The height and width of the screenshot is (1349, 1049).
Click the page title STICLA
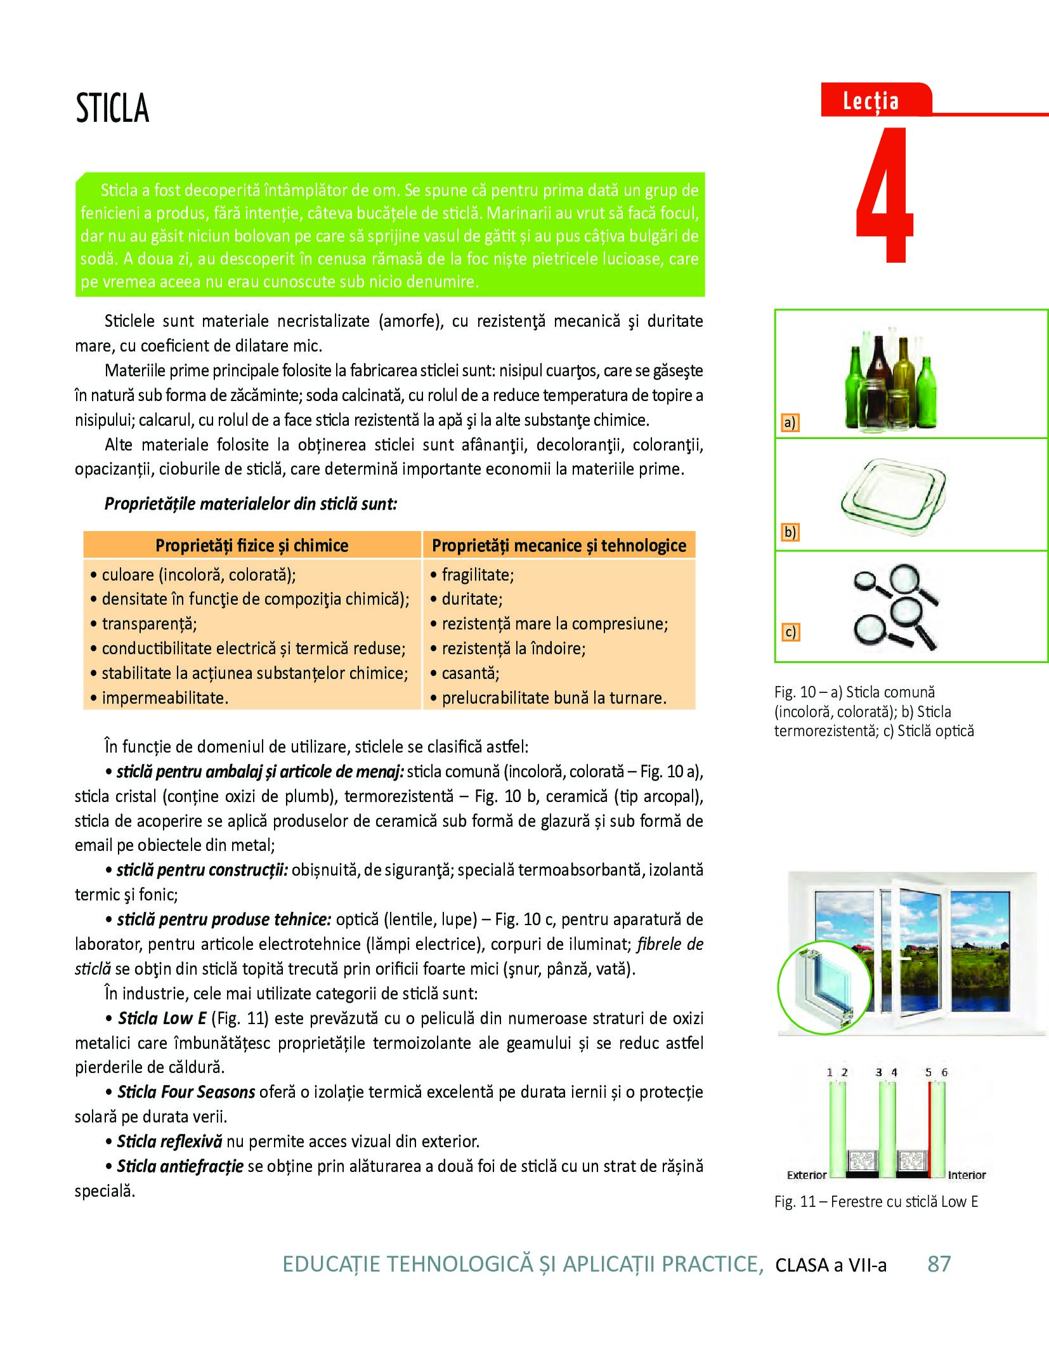click(x=112, y=108)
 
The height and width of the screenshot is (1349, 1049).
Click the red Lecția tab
click(x=871, y=102)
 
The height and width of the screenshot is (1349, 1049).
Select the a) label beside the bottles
click(x=790, y=423)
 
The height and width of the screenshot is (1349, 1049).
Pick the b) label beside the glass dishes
click(x=790, y=532)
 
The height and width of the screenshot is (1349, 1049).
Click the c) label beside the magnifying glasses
click(x=790, y=632)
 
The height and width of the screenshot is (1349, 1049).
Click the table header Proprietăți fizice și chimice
click(x=252, y=546)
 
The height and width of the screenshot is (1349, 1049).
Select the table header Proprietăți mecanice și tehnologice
click(x=559, y=546)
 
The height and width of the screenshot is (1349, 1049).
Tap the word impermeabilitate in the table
click(x=165, y=698)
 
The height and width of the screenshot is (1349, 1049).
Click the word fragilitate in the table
click(x=478, y=575)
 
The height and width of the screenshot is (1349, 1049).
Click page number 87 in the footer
click(x=939, y=1264)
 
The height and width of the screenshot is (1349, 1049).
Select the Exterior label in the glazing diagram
click(x=806, y=1175)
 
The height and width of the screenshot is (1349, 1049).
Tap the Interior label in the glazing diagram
click(x=967, y=1175)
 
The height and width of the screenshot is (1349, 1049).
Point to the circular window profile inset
click(x=816, y=987)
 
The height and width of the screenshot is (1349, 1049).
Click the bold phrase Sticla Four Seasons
click(x=186, y=1092)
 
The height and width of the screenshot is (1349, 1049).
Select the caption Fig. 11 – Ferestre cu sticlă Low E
click(x=876, y=1202)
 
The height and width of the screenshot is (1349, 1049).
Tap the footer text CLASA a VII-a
click(x=831, y=1265)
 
